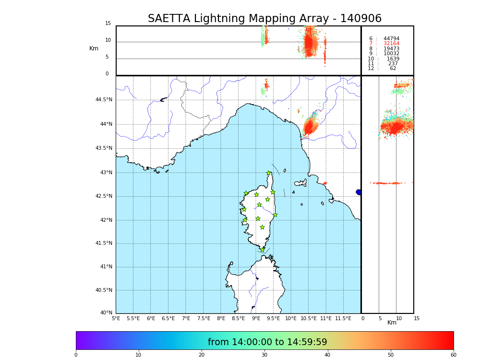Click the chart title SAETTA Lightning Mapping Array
coord(264,19)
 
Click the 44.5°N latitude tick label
coord(104,100)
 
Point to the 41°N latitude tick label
coord(106,267)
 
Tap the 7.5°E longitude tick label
coord(204,318)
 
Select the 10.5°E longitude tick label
coord(309,318)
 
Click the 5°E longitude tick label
coord(116,318)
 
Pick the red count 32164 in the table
coord(391,44)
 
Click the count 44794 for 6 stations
coord(391,39)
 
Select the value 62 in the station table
coord(393,69)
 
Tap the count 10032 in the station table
coord(391,54)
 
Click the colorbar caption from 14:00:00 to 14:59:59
coord(267,342)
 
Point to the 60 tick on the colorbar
coord(453,355)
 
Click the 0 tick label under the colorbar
coord(76,355)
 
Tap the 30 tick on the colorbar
coord(264,355)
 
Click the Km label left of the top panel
coord(94,48)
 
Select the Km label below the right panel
coord(392,323)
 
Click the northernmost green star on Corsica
coord(269,173)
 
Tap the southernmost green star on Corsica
coord(262,250)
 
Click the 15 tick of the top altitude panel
coord(108,24)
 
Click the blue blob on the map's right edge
coord(359,192)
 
